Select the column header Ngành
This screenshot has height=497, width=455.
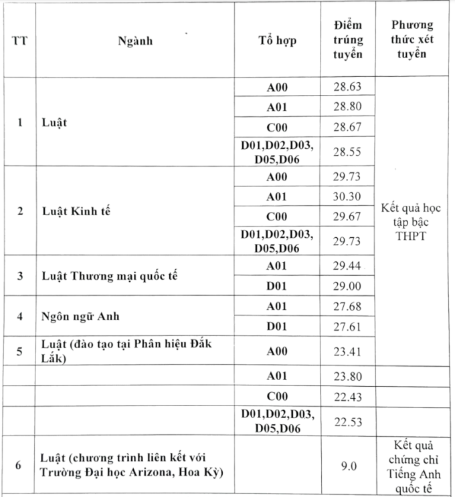[x=135, y=41]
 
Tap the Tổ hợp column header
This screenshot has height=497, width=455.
[x=277, y=41]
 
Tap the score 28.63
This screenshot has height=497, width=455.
[x=347, y=87]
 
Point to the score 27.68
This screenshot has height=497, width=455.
[x=347, y=306]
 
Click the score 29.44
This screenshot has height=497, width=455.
[x=347, y=265]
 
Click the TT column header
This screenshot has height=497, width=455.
[x=19, y=41]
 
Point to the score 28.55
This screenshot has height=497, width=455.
[x=347, y=152]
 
